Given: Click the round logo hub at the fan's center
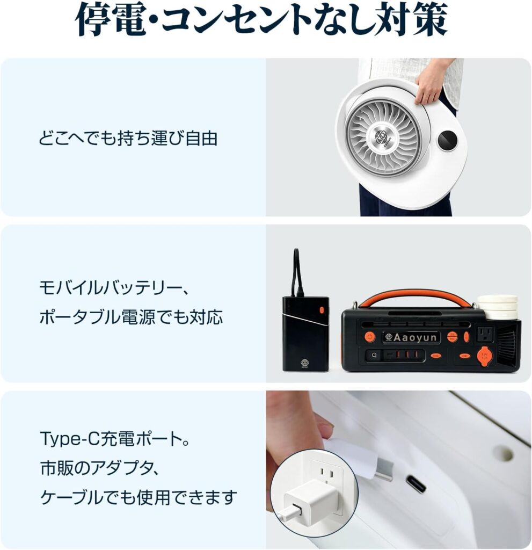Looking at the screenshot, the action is [382, 137].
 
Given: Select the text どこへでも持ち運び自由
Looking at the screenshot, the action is [128, 138].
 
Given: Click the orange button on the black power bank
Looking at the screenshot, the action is [322, 310].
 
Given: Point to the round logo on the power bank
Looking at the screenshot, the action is [304, 362].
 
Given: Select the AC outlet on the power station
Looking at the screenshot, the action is [485, 334].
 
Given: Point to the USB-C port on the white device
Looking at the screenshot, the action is [416, 484].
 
